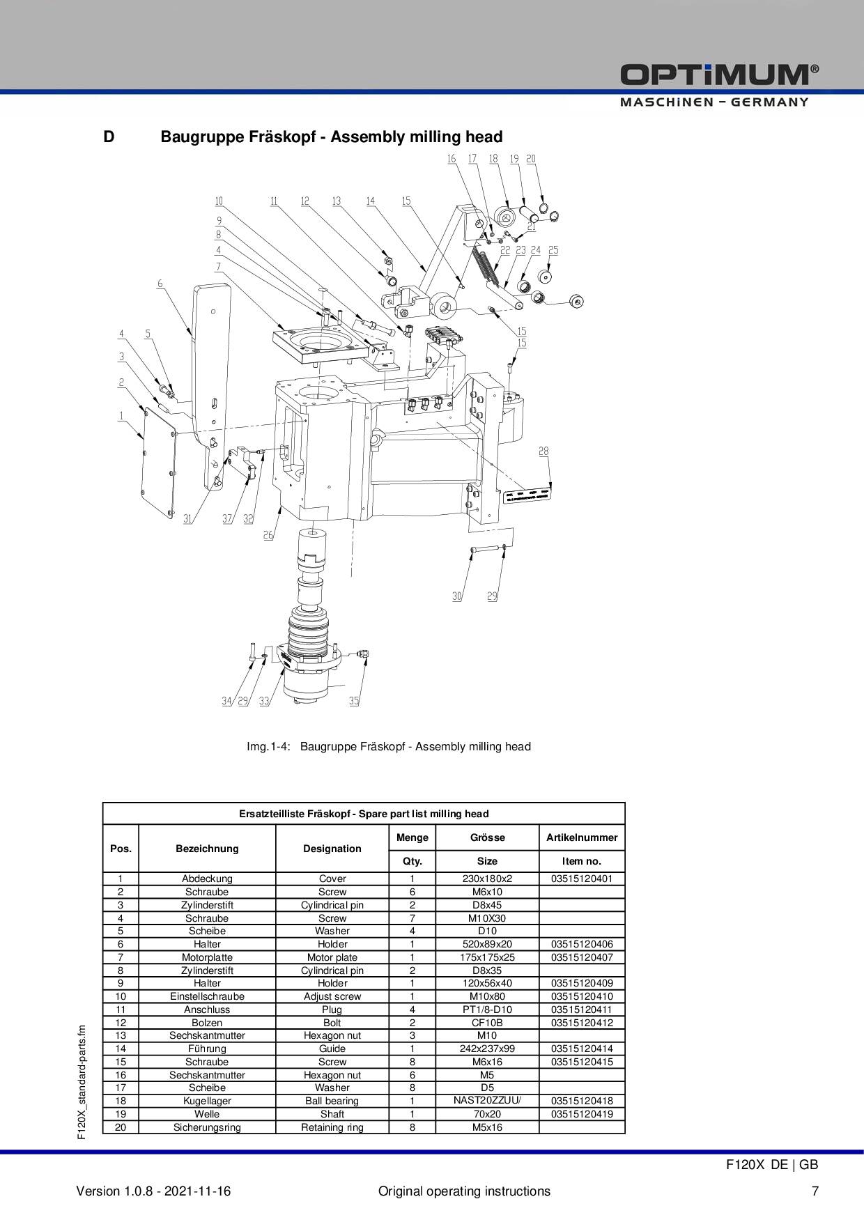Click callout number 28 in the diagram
(x=543, y=451)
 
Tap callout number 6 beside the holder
(x=160, y=284)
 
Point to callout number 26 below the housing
(x=268, y=535)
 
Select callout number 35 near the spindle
(x=354, y=701)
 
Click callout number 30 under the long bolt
(x=457, y=596)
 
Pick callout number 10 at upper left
(x=219, y=201)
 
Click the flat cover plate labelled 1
(x=158, y=464)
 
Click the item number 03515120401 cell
(x=582, y=879)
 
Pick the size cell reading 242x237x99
(x=487, y=1049)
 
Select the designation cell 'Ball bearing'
(x=332, y=1101)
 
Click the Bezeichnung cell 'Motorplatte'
(x=207, y=957)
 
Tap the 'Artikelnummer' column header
(x=582, y=837)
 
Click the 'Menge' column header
(x=412, y=837)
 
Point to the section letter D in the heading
(x=109, y=137)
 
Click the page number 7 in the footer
(x=815, y=1191)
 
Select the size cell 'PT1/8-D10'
(x=487, y=1010)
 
